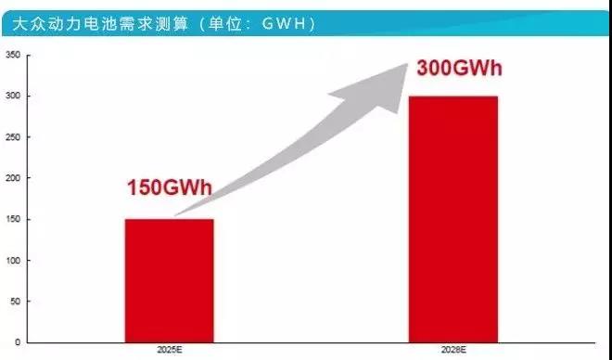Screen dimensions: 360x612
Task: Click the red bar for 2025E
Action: click(x=170, y=280)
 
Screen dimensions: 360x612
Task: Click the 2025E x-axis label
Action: click(x=170, y=352)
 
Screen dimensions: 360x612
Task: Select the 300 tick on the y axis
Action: click(x=13, y=96)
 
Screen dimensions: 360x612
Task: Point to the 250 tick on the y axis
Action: click(x=13, y=137)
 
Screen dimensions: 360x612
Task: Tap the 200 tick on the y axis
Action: click(x=13, y=178)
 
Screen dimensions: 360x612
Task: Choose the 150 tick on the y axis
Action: click(x=13, y=220)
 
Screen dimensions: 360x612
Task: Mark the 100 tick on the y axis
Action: click(x=13, y=261)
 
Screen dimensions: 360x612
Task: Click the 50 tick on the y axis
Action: click(x=15, y=302)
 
